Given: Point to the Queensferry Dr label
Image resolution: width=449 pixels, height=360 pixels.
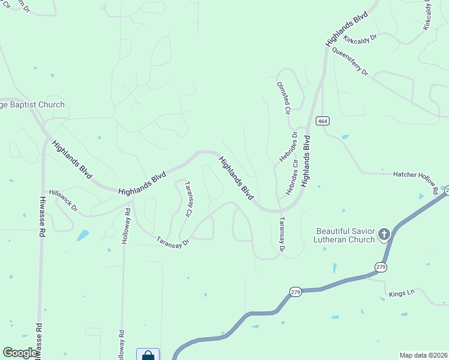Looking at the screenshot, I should coord(349,62).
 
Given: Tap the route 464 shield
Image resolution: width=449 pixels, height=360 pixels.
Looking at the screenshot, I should coord(322,121).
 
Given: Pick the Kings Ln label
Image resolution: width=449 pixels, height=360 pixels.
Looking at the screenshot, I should coord(402,293).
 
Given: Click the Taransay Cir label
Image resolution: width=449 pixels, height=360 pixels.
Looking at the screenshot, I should coord(188,199).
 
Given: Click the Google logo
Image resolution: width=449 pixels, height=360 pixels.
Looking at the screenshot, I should coord(20,353).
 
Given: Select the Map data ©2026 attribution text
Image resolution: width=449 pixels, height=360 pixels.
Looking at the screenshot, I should coord(423,355).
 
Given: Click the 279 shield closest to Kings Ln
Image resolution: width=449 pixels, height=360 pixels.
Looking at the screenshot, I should coord(380,267).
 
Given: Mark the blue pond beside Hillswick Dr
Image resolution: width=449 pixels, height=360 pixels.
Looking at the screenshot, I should coord(83,235).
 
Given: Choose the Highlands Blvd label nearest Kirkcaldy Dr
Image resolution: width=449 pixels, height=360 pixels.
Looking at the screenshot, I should coord(346,29).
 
